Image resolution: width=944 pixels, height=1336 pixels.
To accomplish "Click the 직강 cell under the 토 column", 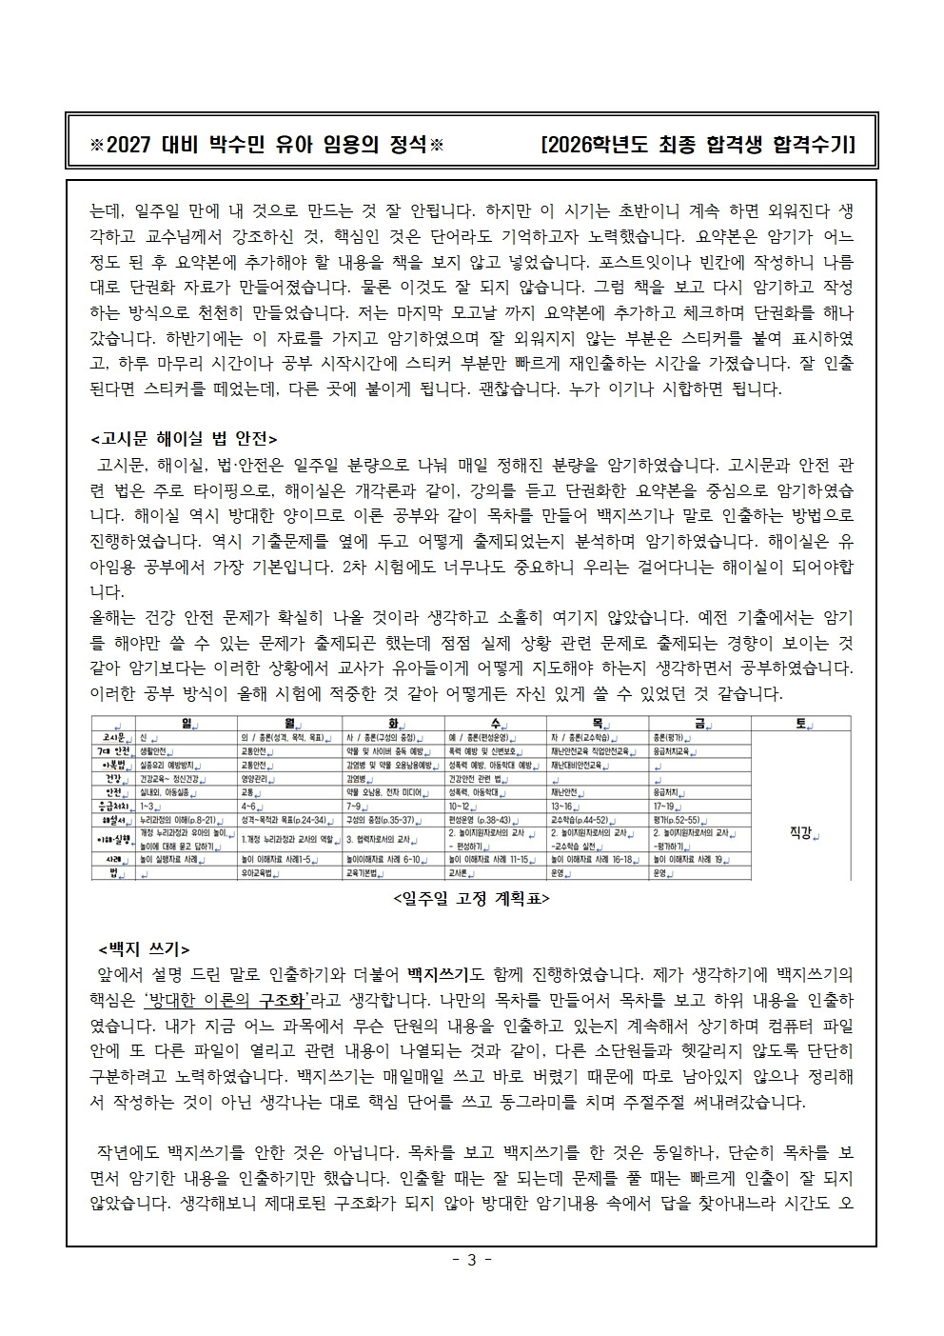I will pos(801,832).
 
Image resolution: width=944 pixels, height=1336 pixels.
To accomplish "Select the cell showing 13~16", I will pos(565,806).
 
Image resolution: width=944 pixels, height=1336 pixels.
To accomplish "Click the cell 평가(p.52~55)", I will pos(678,819).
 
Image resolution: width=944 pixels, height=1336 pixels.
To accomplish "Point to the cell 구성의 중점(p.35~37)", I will pos(381,819).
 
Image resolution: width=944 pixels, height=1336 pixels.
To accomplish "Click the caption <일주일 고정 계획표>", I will pos(470,899).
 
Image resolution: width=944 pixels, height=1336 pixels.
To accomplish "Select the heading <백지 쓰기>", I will pos(144,949).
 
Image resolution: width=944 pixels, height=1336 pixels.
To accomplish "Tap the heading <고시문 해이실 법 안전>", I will pos(184,439).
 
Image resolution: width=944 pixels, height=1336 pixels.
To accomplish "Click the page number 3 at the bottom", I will pos(470,1261).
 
